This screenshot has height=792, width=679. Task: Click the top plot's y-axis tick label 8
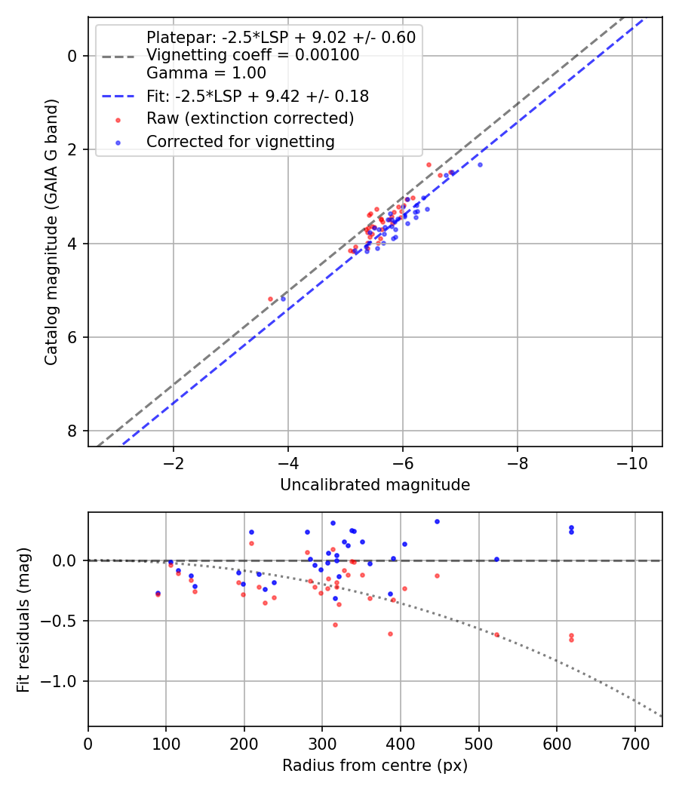tap(72, 431)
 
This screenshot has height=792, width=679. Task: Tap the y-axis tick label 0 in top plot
tap(72, 56)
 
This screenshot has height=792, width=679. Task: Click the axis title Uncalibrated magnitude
tap(375, 485)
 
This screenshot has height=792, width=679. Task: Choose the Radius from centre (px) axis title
tap(375, 766)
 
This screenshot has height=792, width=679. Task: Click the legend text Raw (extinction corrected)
tap(250, 118)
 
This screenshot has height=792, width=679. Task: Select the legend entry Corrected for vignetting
tap(240, 141)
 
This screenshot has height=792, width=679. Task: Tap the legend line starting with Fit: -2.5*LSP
tap(257, 97)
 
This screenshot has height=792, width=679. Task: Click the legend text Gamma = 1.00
tap(206, 73)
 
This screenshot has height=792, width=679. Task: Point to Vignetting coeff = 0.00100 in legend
tap(253, 55)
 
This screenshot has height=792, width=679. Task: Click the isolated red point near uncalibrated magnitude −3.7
tap(270, 299)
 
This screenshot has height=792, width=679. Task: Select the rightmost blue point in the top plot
tap(480, 164)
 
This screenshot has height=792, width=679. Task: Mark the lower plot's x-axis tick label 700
tap(634, 744)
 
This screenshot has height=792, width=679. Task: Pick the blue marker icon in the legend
tap(117, 141)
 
